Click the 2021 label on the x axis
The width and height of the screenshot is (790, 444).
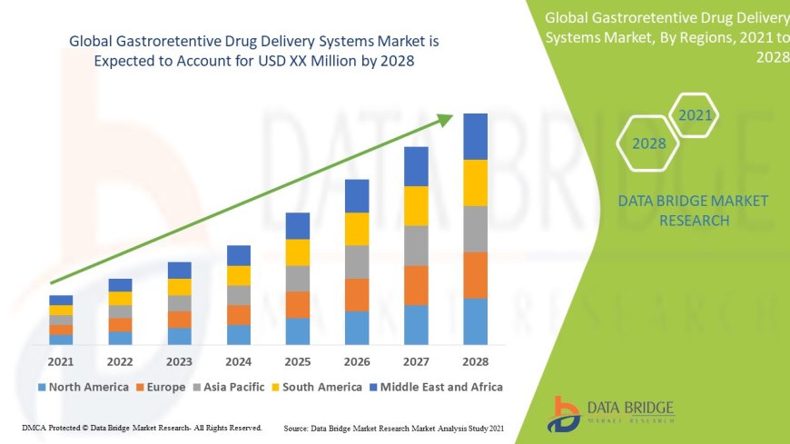(61, 361)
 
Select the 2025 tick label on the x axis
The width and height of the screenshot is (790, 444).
(298, 361)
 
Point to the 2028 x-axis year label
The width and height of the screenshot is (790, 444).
(475, 361)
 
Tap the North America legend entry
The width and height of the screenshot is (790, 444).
(83, 387)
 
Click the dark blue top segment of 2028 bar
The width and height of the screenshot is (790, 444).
(475, 136)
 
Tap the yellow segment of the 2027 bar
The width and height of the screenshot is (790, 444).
(416, 205)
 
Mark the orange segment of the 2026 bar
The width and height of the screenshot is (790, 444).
(357, 294)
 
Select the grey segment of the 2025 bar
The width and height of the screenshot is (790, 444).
(298, 278)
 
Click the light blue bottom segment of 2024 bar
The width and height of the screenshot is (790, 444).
(239, 334)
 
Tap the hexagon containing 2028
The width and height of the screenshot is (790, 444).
(648, 143)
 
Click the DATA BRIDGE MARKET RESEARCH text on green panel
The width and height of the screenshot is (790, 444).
(693, 211)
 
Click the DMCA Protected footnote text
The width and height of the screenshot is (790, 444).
(141, 427)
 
